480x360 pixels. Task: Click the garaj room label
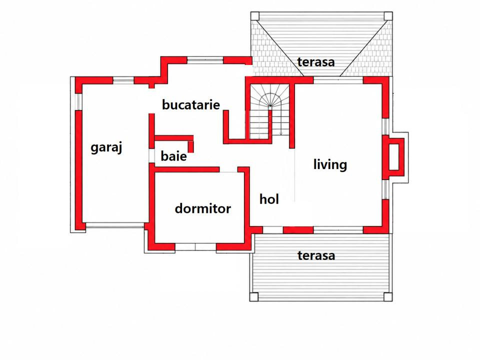pos(106,147)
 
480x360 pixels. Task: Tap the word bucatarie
pos(191,104)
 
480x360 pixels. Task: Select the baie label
pos(173,156)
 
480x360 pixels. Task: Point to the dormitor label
pos(202,208)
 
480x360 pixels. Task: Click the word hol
pos(269,199)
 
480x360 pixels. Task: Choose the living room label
pos(330,164)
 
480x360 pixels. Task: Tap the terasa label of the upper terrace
pos(316,62)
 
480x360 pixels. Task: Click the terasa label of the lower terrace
pos(316,255)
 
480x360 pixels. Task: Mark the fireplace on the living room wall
pos(395,158)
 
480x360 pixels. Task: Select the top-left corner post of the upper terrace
pos(255,16)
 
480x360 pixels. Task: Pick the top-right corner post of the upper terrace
pos(388,16)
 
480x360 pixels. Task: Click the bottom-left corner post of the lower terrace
pos(254,297)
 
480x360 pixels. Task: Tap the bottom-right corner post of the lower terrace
pos(388,297)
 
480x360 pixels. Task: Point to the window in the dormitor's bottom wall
pos(195,246)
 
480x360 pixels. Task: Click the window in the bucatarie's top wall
pos(205,60)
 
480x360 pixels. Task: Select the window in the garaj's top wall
pos(123,80)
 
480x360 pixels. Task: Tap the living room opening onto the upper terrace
pos(338,80)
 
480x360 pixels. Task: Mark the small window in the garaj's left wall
pos(78,101)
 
